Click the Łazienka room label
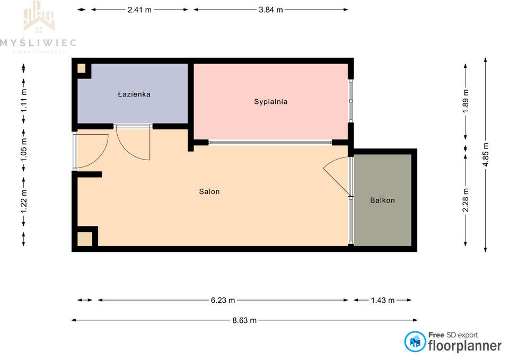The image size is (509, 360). pos(134,94)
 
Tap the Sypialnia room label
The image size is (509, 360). pos(271,102)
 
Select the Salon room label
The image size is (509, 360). pos(209,191)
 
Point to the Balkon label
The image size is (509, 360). pos(382,200)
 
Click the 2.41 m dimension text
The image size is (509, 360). pos(139,10)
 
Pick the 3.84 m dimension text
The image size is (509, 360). pos(271,10)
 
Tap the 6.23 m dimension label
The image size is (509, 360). pos(223,300)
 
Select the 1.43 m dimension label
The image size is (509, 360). pos(383,300)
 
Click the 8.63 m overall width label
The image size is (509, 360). pos(244,320)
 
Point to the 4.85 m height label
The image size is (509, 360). pos(486,154)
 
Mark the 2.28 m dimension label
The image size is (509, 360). pos(466,200)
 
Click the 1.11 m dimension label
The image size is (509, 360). pos(24,101)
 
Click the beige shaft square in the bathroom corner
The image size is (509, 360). pos(81,68)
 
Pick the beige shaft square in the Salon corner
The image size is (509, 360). pos(85,239)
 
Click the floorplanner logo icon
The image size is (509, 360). pos(415,341)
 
